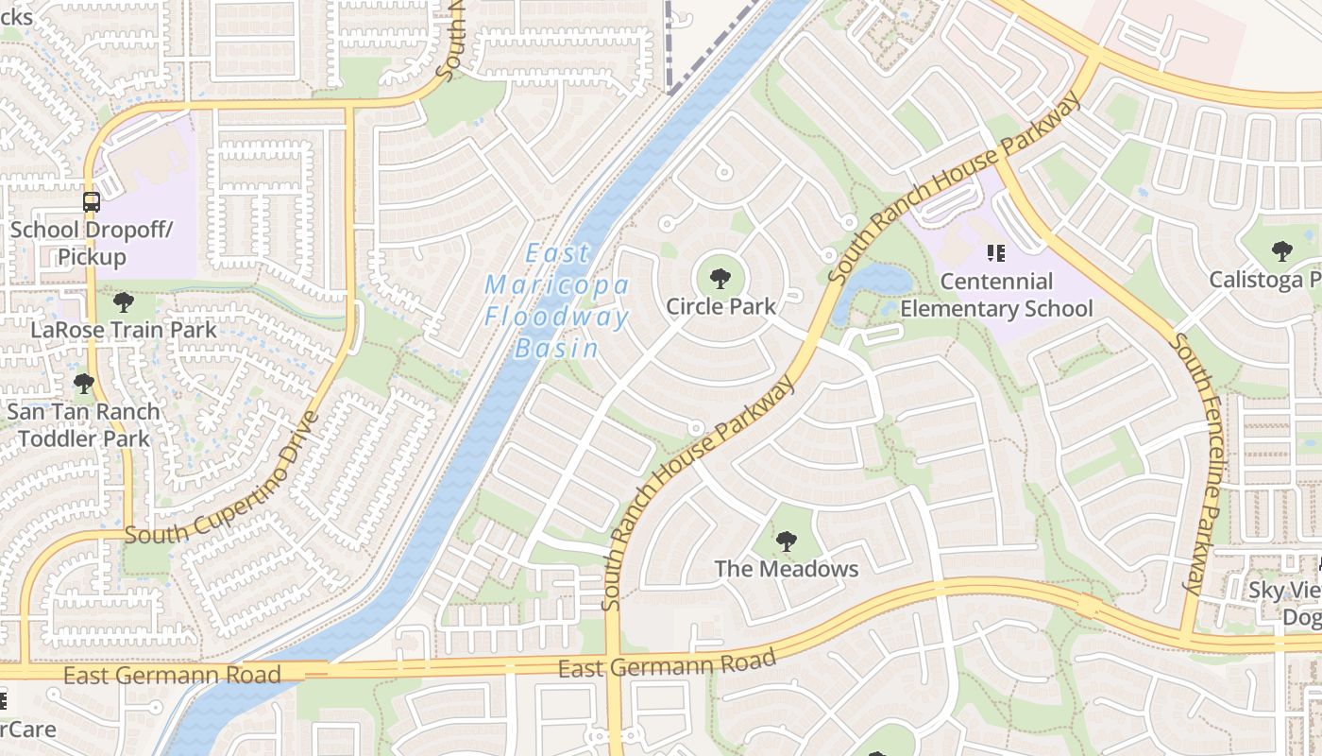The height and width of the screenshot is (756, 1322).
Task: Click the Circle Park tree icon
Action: (720, 278)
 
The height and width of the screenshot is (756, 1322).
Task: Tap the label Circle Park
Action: (720, 306)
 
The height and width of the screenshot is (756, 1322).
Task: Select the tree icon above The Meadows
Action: (785, 541)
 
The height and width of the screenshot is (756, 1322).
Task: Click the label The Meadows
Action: (786, 569)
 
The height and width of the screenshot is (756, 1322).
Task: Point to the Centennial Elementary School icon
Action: (994, 252)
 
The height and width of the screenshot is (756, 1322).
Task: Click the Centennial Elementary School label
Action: (996, 295)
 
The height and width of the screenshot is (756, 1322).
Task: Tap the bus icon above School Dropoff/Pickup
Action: (92, 201)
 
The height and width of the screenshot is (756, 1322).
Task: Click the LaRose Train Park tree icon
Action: (123, 302)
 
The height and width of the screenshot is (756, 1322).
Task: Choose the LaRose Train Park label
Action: (123, 330)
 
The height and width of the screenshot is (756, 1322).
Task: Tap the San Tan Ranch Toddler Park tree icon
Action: (83, 384)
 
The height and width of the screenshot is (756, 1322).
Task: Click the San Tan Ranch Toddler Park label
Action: (83, 425)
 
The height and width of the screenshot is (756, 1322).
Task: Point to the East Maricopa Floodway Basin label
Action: (557, 301)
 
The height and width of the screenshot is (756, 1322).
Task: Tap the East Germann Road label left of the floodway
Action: (172, 675)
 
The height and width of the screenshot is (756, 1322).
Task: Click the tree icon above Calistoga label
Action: (1281, 251)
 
